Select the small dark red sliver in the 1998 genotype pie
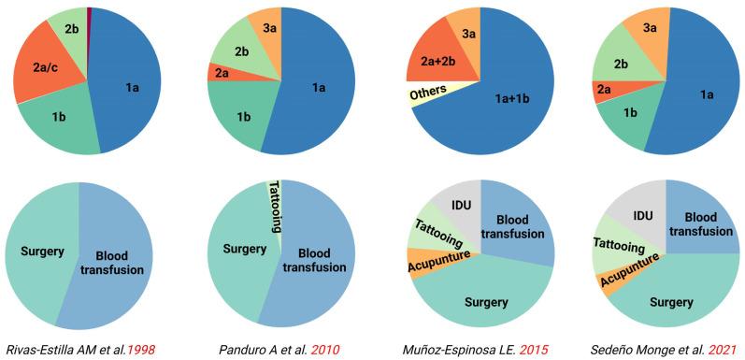coord(89,13)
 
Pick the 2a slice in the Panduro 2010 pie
coord(221,72)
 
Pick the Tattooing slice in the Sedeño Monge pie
coord(617,249)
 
